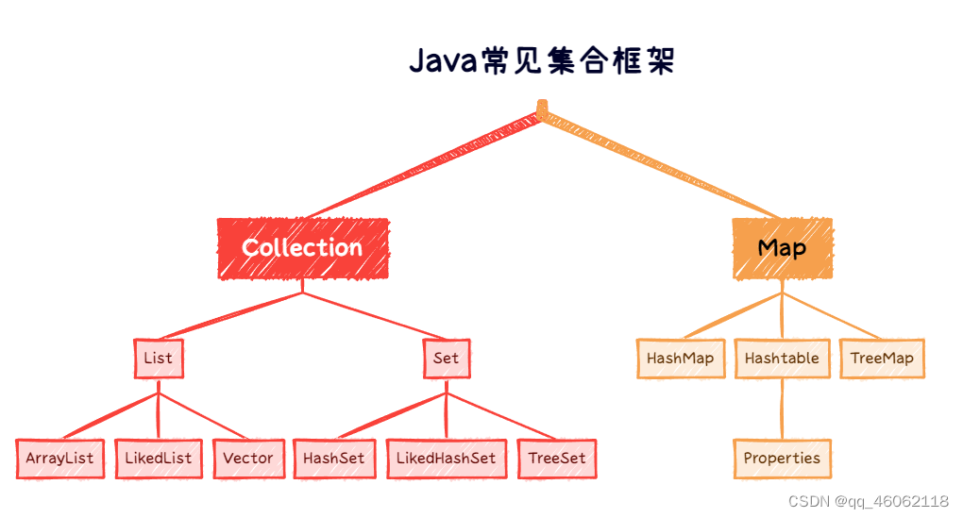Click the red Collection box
tap(302, 248)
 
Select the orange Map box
tap(782, 248)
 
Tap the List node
tap(158, 359)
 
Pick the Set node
tap(446, 359)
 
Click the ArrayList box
tap(59, 459)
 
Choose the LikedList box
tap(158, 459)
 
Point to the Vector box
tap(247, 459)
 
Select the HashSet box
tap(333, 459)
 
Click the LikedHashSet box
tap(446, 459)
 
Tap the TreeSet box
tap(557, 459)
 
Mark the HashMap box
tap(680, 359)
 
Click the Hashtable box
tap(782, 359)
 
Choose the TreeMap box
tap(882, 359)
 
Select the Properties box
tap(782, 459)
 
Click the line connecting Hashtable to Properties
tap(782, 408)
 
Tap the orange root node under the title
tap(542, 108)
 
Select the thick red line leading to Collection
tap(425, 165)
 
